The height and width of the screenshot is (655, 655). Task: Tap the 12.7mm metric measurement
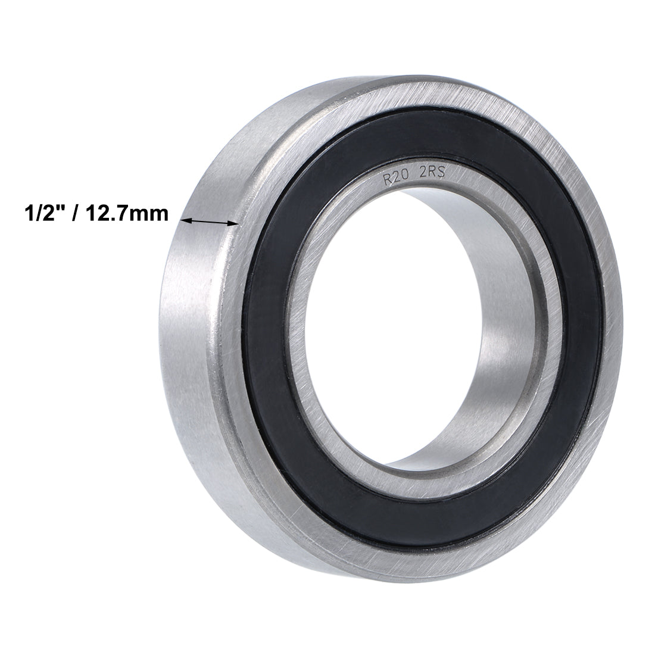point(130,213)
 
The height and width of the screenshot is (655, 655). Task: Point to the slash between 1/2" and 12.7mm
point(78,213)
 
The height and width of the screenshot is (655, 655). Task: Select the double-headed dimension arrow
point(209,222)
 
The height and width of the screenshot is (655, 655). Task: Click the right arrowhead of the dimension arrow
point(235,223)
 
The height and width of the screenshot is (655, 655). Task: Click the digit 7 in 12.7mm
point(133,213)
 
